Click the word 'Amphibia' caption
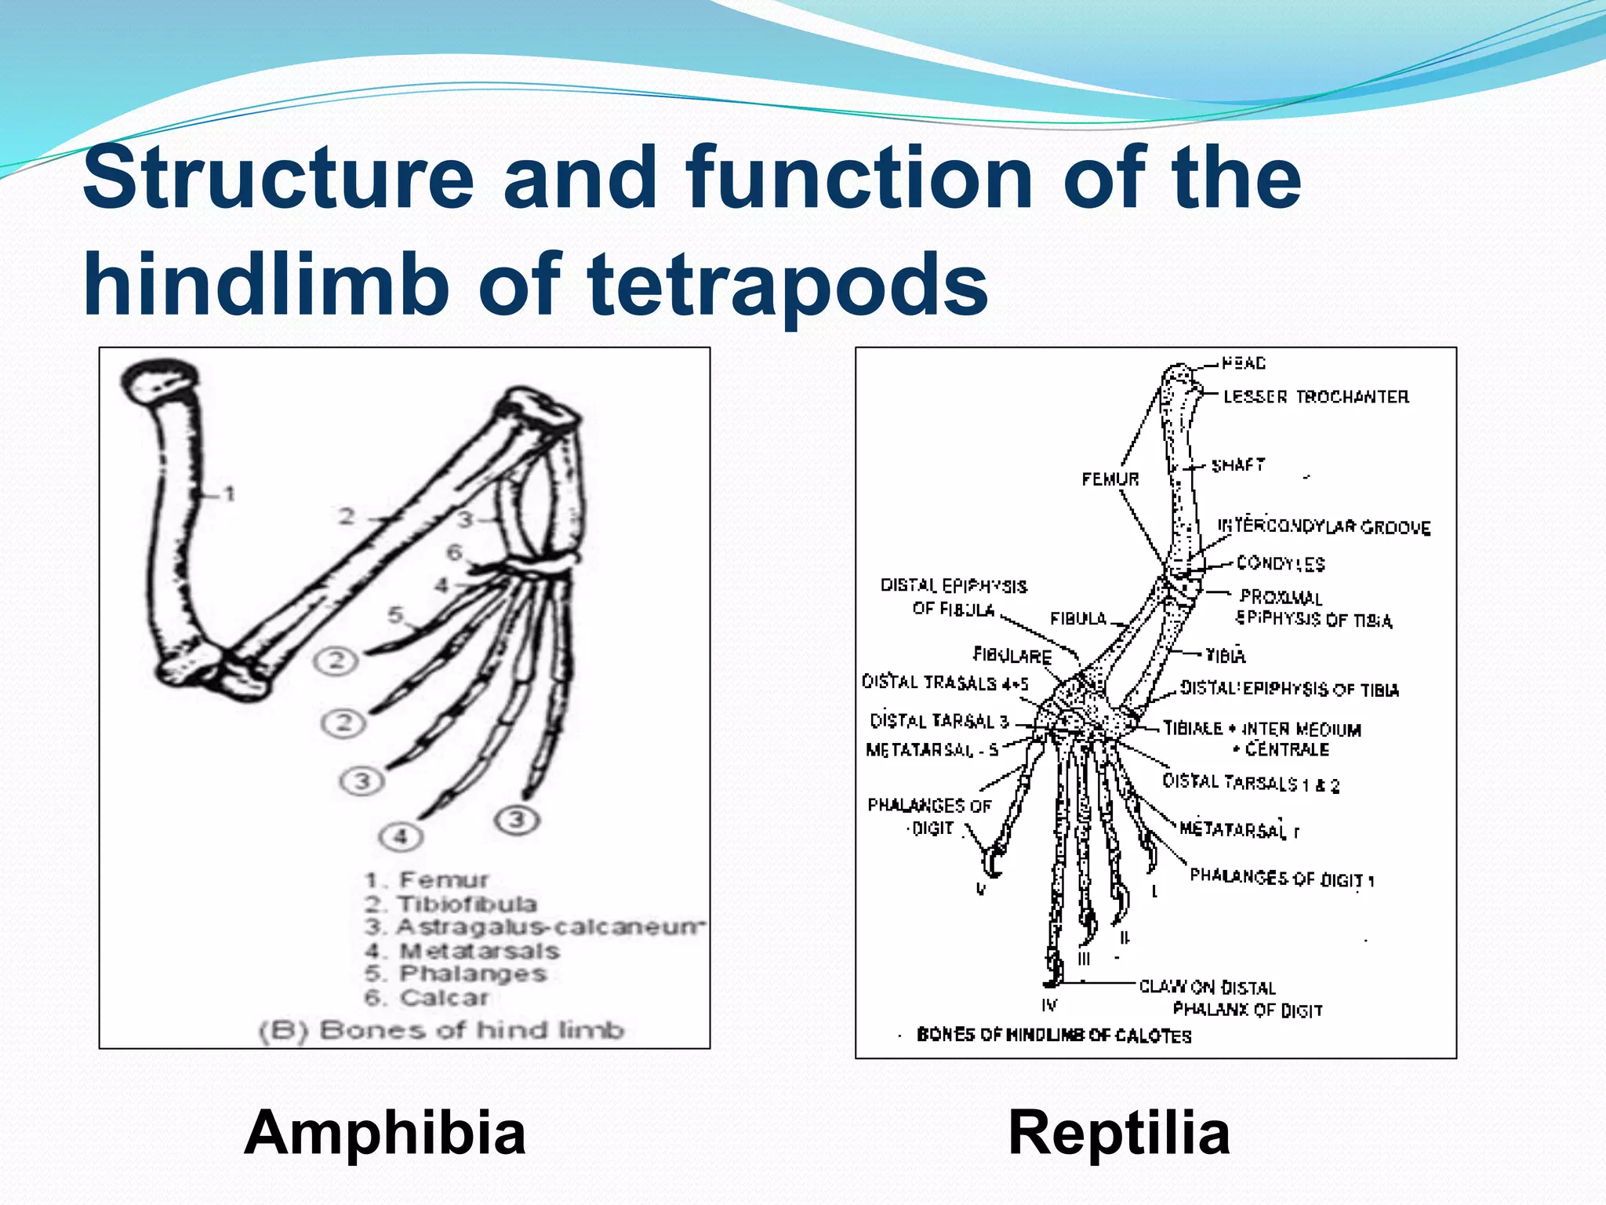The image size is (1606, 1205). click(x=384, y=1133)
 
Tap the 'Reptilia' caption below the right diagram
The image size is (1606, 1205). click(x=1119, y=1133)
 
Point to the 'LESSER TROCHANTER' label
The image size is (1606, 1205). click(x=1316, y=397)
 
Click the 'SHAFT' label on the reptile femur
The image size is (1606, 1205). click(x=1238, y=465)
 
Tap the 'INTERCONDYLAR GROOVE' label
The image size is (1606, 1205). click(x=1324, y=526)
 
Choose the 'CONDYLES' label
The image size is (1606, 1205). click(x=1281, y=563)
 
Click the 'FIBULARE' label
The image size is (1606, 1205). click(x=1012, y=655)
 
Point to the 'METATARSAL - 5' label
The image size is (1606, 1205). click(x=932, y=750)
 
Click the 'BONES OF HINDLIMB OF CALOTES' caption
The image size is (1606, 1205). click(x=1053, y=1036)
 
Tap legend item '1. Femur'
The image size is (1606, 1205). click(x=427, y=880)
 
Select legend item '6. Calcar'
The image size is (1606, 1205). click(x=427, y=998)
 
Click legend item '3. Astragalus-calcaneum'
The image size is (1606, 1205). click(x=533, y=927)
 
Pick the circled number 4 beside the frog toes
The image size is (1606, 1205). click(x=400, y=836)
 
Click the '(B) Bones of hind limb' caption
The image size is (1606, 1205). click(x=441, y=1030)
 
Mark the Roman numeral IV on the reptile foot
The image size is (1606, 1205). click(x=1049, y=1005)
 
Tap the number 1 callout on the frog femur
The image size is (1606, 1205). click(x=229, y=494)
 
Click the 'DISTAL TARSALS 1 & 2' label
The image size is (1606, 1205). click(x=1251, y=783)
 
